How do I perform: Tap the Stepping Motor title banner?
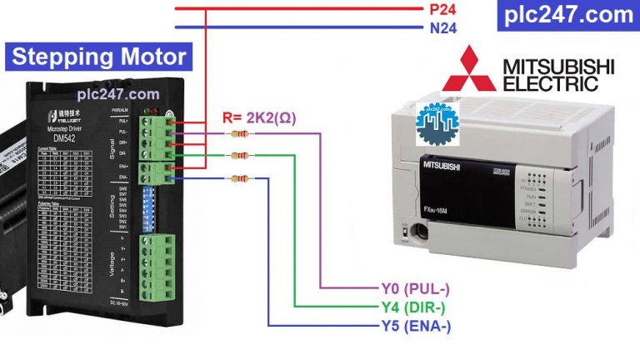tap(99, 57)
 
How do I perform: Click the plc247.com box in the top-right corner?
tap(569, 14)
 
